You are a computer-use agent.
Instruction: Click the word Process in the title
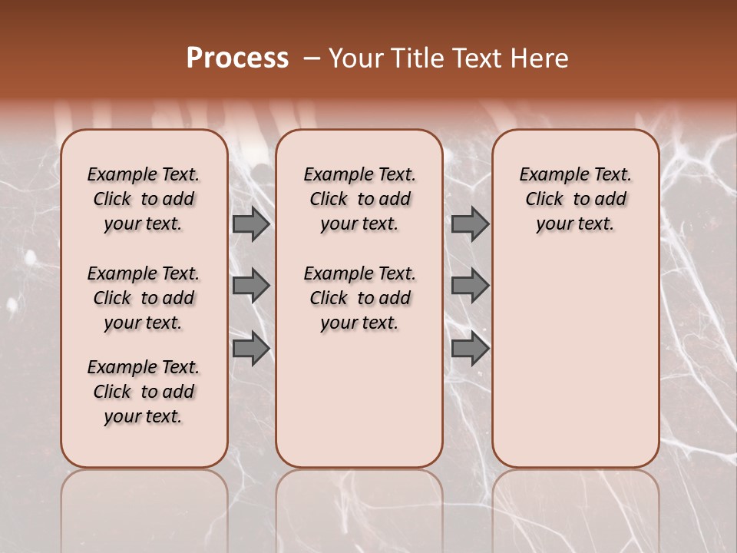pyautogui.click(x=237, y=58)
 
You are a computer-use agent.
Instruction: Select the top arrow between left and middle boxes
pyautogui.click(x=250, y=224)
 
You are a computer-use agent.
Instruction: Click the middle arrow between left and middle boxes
pyautogui.click(x=250, y=286)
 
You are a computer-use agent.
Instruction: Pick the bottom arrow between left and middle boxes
pyautogui.click(x=250, y=349)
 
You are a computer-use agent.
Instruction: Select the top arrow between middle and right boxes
pyautogui.click(x=470, y=224)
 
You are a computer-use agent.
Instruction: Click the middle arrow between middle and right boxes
pyautogui.click(x=470, y=286)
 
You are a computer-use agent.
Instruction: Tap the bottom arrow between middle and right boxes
pyautogui.click(x=470, y=349)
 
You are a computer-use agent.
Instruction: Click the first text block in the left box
pyautogui.click(x=144, y=199)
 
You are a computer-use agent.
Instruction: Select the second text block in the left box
pyautogui.click(x=144, y=298)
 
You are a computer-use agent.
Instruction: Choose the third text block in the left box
pyautogui.click(x=144, y=392)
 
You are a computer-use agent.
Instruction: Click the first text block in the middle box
pyautogui.click(x=359, y=199)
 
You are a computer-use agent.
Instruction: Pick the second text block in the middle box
pyautogui.click(x=359, y=298)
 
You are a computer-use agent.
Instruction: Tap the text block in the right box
pyautogui.click(x=576, y=199)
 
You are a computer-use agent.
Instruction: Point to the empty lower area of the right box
pyautogui.click(x=576, y=353)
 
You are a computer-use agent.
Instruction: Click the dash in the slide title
pyautogui.click(x=312, y=58)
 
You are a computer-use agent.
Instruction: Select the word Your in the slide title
pyautogui.click(x=355, y=58)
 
